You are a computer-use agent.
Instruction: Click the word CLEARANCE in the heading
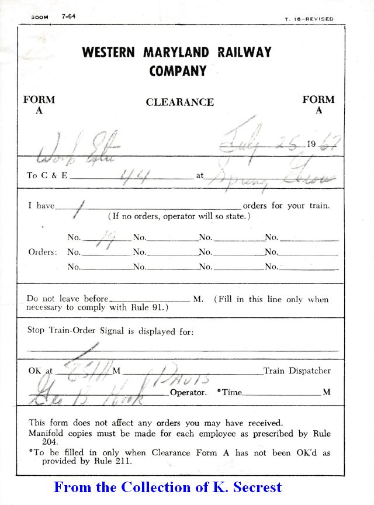click(179, 102)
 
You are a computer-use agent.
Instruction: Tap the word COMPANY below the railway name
click(178, 71)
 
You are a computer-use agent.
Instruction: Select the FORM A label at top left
click(39, 105)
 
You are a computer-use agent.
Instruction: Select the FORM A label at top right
click(318, 105)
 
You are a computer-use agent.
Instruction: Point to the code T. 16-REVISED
click(309, 19)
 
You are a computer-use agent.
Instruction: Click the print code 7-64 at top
click(68, 16)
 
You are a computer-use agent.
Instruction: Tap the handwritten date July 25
click(263, 141)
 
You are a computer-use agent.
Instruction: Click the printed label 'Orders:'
click(43, 252)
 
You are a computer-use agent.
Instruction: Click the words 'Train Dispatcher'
click(297, 371)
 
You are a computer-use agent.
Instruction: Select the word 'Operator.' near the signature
click(188, 392)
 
